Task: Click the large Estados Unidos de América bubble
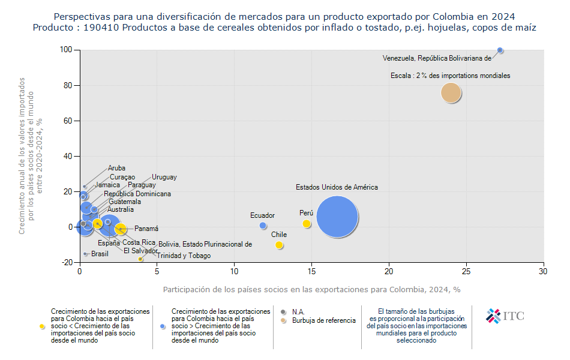click(x=337, y=217)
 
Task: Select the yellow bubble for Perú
click(x=307, y=224)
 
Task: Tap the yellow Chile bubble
click(x=279, y=245)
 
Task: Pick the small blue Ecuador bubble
click(x=263, y=226)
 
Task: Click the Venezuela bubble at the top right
click(x=500, y=50)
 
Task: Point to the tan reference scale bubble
click(x=451, y=92)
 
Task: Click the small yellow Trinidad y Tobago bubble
click(x=140, y=259)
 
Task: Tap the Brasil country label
click(x=100, y=254)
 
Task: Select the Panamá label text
click(x=146, y=229)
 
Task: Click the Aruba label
click(x=116, y=169)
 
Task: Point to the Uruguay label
click(x=164, y=177)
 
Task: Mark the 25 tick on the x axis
click(x=466, y=271)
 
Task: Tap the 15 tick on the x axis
click(x=311, y=271)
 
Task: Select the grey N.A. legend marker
click(x=284, y=311)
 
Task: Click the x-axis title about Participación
click(x=311, y=289)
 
